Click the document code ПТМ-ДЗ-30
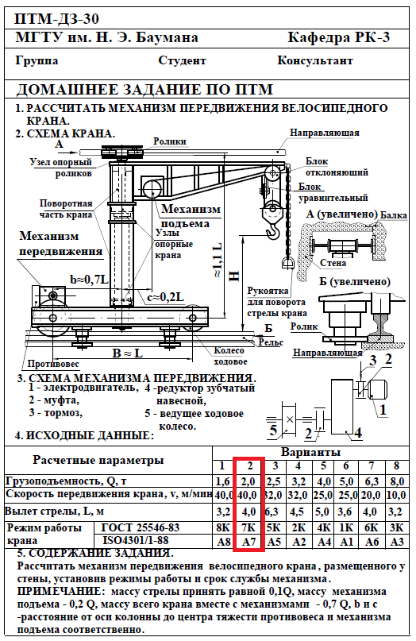56,19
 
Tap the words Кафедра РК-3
339,37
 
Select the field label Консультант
315,60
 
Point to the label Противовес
53,364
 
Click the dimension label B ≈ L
128,353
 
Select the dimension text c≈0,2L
165,297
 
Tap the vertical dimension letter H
233,276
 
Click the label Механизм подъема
191,216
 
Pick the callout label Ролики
170,141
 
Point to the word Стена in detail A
333,263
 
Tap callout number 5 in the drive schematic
273,430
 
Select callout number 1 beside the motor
383,409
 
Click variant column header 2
250,466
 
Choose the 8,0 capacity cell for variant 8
396,481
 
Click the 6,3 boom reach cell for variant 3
274,512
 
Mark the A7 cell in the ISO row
248,542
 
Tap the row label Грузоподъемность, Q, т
67,481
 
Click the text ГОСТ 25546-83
141,527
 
